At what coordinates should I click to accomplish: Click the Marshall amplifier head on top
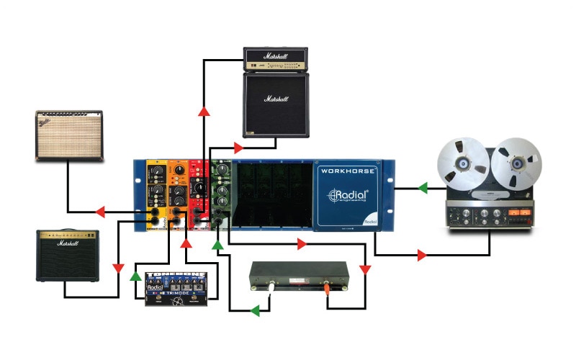pos(276,59)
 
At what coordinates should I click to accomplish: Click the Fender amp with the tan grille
pos(69,135)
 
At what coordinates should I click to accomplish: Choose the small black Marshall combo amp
pos(68,256)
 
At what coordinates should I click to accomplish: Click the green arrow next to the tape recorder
pos(423,189)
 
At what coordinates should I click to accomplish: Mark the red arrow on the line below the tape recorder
pos(421,255)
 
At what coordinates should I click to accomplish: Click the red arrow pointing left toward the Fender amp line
pos(100,212)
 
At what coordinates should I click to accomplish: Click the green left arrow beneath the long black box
pos(253,312)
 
